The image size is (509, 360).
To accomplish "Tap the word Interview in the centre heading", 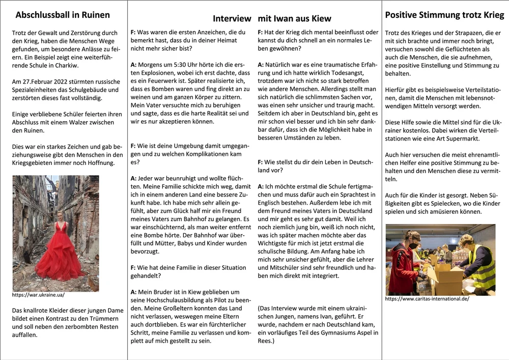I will (232, 19).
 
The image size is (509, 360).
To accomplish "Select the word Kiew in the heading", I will (321, 19).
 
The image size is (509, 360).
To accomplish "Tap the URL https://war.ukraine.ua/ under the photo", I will (38, 295).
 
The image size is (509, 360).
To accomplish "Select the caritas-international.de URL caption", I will (427, 299).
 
